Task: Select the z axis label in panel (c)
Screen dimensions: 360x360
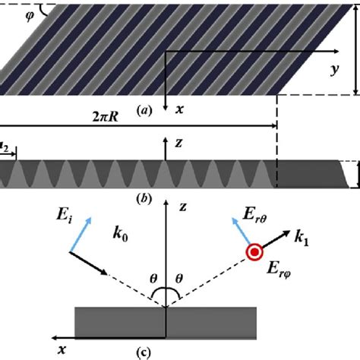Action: coord(181,206)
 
